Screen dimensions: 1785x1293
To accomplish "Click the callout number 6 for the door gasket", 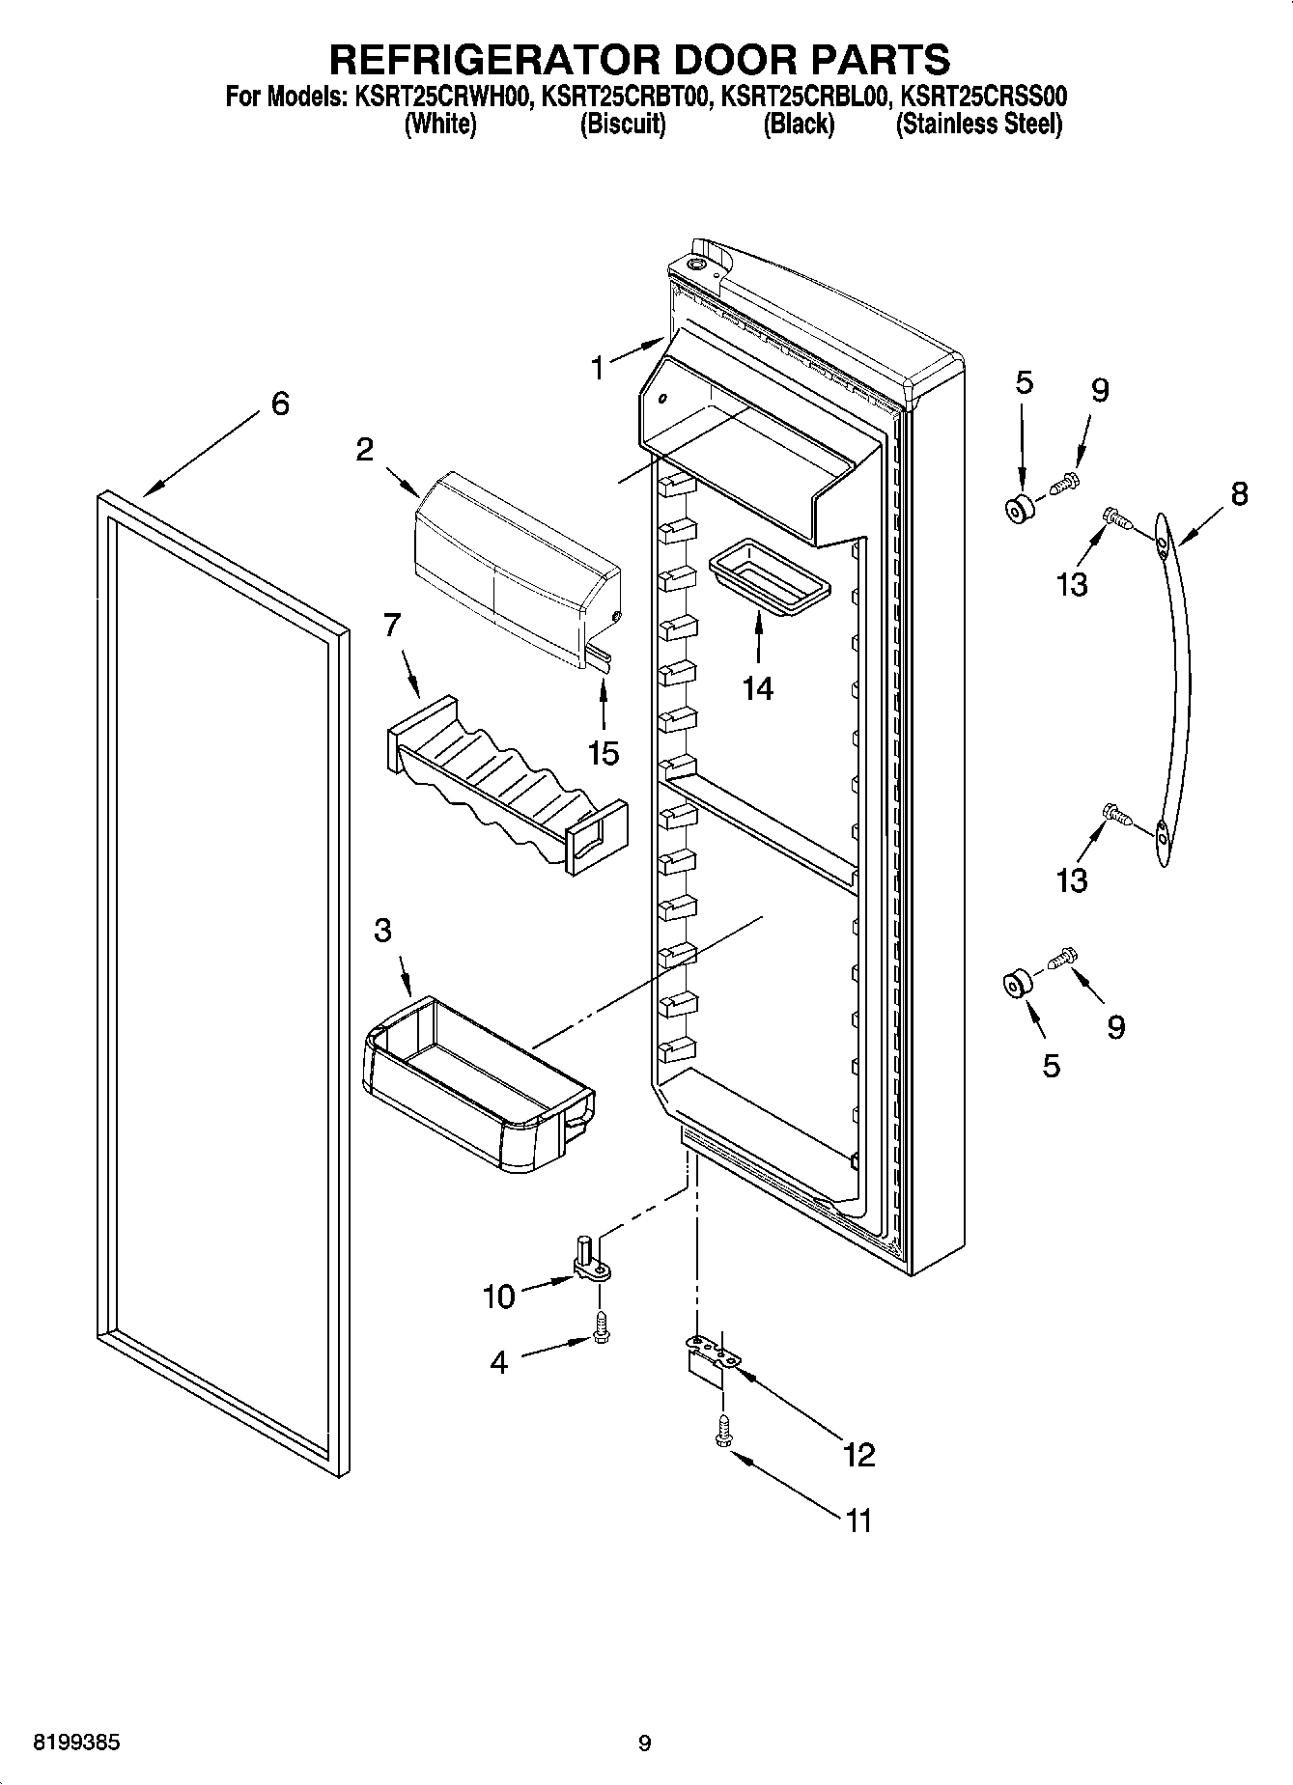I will point(279,404).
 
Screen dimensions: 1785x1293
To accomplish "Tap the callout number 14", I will point(758,688).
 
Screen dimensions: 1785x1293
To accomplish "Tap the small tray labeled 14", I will point(769,576).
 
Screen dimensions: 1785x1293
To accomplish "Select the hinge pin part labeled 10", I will point(588,1259).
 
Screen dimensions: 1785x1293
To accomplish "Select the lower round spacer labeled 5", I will point(1016,986).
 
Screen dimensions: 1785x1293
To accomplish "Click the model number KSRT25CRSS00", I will point(982,97).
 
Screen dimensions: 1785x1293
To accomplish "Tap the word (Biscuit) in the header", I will point(622,125).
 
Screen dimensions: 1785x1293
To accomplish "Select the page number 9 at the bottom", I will point(644,1743).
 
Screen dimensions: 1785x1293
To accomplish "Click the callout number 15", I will point(604,753).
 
